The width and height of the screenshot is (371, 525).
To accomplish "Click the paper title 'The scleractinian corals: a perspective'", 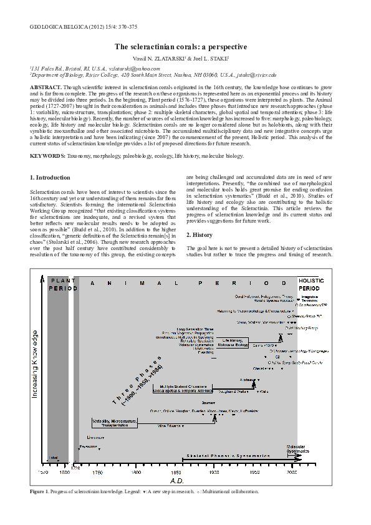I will point(181,47).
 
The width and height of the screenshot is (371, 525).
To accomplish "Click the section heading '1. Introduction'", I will point(52,178).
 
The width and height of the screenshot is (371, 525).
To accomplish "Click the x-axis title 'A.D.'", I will point(177,481).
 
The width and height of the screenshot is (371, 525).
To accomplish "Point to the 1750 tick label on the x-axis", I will point(97,473).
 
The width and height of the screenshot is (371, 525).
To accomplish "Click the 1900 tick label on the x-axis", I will point(214,473).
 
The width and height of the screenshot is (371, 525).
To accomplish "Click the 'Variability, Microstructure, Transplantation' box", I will point(114,423).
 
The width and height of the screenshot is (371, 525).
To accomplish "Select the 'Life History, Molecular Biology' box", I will point(234,342).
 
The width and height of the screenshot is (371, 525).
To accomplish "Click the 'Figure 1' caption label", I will point(41,491).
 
